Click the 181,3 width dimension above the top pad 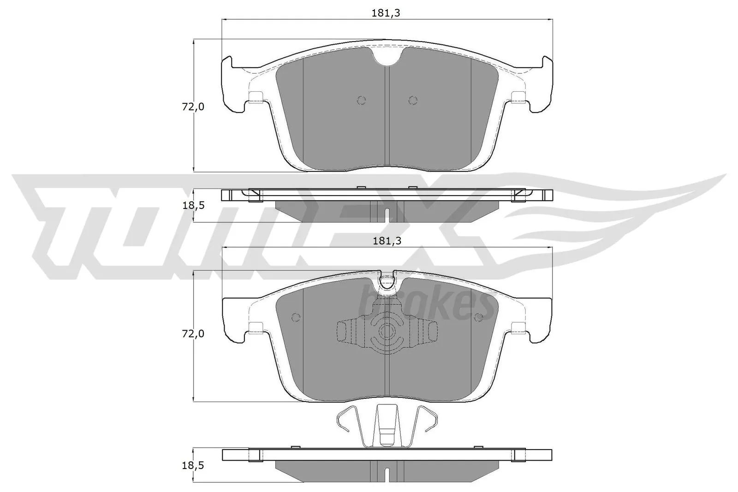[x=386, y=13]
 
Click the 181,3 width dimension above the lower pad [x=386, y=241]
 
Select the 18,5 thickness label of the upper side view [x=193, y=206]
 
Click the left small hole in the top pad [x=361, y=100]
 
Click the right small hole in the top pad [x=413, y=100]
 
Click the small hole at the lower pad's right [x=478, y=317]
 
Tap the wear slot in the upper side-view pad [x=387, y=213]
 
